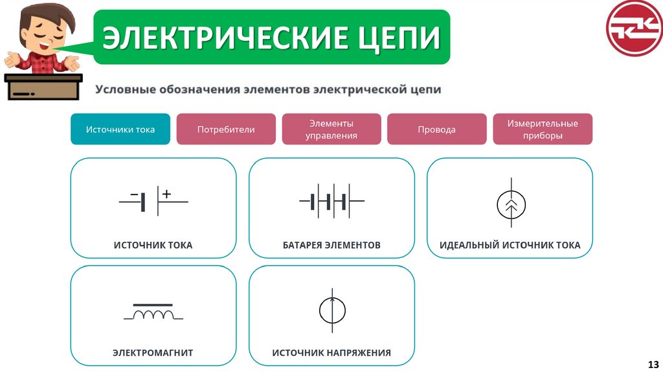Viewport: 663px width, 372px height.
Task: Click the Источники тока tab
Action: coord(120,129)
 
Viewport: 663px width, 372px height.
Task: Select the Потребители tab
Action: coord(226,129)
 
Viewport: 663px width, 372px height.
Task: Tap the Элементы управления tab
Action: coord(331,129)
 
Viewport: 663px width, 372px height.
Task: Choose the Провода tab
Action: coord(436,129)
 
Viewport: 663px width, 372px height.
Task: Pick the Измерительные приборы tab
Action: coord(543,129)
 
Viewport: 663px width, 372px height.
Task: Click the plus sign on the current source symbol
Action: coord(166,193)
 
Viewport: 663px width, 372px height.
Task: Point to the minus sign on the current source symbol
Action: coord(134,194)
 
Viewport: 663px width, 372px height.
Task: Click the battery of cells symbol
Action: coord(331,202)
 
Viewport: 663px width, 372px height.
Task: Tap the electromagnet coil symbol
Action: coord(153,314)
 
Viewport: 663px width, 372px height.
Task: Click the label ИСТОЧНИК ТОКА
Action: coord(153,246)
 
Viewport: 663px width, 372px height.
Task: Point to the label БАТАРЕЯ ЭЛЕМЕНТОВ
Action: coord(331,246)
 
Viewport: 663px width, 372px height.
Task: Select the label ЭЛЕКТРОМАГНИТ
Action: coord(153,353)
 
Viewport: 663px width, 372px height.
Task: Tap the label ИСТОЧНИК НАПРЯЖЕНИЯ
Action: coord(331,353)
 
